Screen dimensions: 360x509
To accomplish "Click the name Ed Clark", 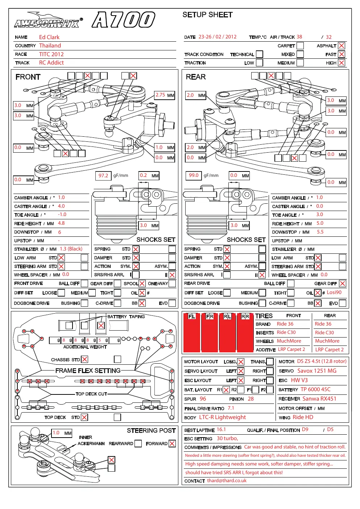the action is [49, 37].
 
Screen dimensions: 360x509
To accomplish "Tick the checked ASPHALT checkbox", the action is [342, 46].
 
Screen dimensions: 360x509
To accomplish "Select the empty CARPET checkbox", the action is [300, 46].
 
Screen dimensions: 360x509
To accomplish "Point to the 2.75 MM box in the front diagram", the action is [165, 95].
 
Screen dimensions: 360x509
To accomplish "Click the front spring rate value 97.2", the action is [103, 175].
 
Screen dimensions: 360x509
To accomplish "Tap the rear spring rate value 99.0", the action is [194, 175].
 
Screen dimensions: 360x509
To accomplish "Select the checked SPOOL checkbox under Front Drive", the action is [142, 284].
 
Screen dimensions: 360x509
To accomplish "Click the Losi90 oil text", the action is [334, 293].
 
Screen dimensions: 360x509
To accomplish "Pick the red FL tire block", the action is [192, 332].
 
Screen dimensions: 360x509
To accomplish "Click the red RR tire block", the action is [245, 332].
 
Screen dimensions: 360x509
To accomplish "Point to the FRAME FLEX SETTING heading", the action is [88, 371].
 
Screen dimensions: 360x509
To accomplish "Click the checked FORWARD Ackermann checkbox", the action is [172, 443].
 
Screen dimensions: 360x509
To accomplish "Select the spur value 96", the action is [203, 399].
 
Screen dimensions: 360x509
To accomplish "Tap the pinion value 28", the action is [251, 399].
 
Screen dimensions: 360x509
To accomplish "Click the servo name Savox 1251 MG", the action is [317, 371].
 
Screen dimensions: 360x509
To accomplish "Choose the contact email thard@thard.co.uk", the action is [227, 481].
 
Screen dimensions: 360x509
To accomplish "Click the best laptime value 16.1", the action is [221, 430].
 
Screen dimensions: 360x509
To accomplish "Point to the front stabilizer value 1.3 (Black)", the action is [71, 249].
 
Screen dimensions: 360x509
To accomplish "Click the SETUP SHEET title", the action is [207, 15].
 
